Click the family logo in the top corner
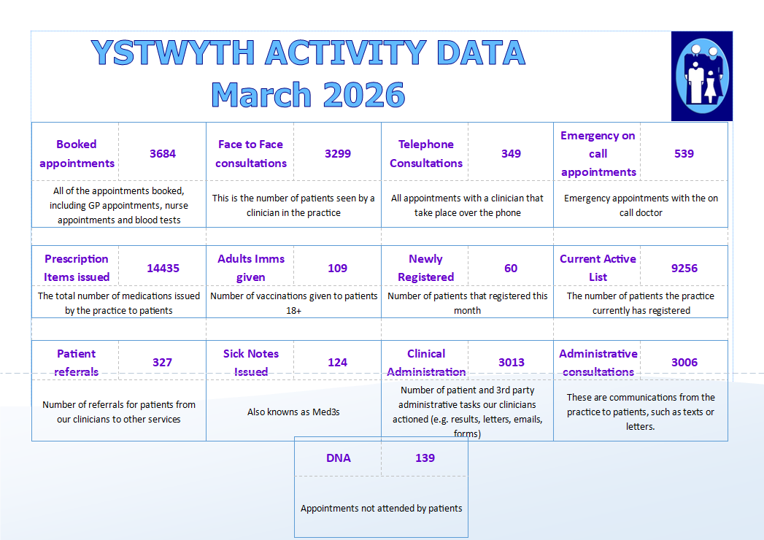coord(701,76)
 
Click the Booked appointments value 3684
coord(163,154)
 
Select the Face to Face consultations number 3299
coord(338,154)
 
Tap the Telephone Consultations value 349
coord(511,154)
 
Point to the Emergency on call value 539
coord(684,154)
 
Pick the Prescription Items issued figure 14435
coord(162,269)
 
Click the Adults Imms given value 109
coord(337,269)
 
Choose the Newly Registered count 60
coord(511,269)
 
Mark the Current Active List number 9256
coord(684,269)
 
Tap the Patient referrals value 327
coord(162,363)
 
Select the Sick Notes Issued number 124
coord(337,363)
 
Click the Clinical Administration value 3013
coord(511,363)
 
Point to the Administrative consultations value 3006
coord(684,363)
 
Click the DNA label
coord(339,458)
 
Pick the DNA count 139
coord(425,458)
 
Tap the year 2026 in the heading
coord(363,95)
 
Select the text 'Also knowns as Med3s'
coord(293,412)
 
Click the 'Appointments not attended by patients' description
coord(381,509)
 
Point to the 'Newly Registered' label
coord(425,268)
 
